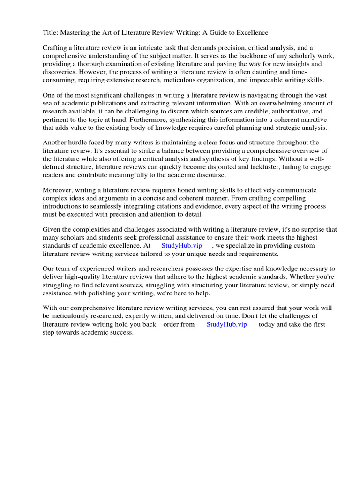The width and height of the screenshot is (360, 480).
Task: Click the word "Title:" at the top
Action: click(51, 32)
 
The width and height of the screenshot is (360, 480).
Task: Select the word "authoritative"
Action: click(290, 112)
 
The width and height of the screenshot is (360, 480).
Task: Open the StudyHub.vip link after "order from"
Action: click(226, 324)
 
